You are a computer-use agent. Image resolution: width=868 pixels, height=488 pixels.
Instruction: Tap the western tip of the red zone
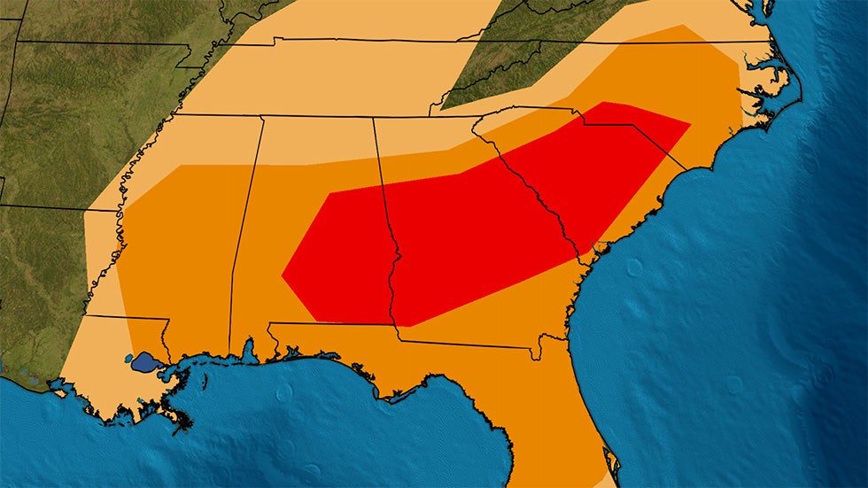[x=283, y=275]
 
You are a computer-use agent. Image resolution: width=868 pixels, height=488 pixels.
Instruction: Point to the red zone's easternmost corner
[x=690, y=122]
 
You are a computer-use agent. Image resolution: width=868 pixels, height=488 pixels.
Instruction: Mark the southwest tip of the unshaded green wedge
[x=441, y=108]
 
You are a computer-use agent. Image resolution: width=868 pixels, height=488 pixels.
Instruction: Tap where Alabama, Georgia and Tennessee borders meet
[x=373, y=118]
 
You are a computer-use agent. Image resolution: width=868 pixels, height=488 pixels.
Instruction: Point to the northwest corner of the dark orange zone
[x=181, y=165]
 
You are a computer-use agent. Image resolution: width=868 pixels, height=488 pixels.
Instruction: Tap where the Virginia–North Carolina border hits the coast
[x=769, y=42]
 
